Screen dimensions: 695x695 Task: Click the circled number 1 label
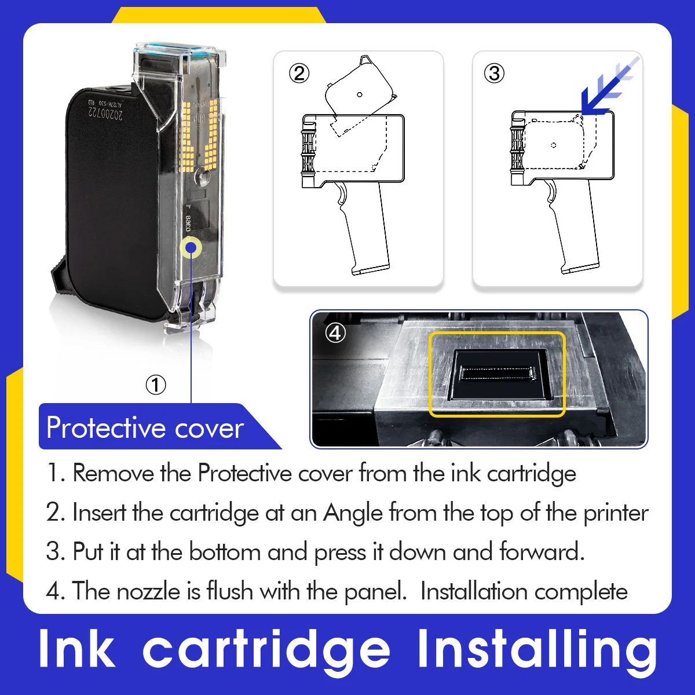coord(156,385)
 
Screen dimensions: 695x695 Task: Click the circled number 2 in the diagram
coord(299,74)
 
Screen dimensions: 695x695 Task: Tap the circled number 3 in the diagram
coord(494,74)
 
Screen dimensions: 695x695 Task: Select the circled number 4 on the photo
coord(335,332)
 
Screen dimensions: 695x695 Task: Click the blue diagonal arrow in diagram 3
coord(609,86)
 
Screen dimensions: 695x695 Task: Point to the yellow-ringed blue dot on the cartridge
coord(191,248)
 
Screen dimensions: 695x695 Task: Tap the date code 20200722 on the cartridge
coord(105,114)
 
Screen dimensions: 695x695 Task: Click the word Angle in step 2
coord(353,513)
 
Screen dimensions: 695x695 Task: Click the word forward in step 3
coord(542,552)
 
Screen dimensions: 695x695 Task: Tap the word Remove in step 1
coord(114,473)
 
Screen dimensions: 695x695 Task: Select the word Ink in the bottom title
coord(76,649)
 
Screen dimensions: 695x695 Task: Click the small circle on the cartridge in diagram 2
coord(359,94)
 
